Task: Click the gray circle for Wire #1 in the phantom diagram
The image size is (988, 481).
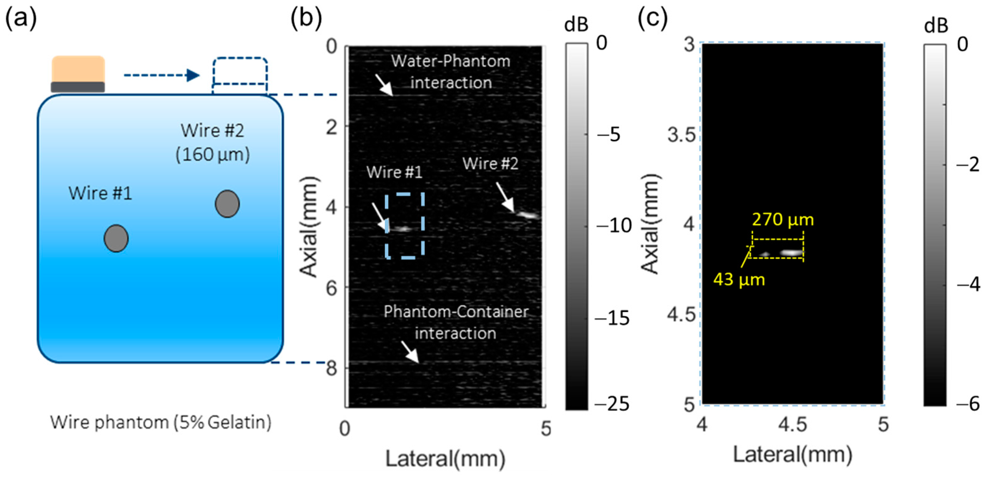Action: tap(116, 238)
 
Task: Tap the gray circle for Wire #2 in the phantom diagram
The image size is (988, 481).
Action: tap(227, 204)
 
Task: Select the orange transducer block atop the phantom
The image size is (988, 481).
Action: tap(78, 69)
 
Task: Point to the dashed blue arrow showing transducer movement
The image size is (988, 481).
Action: tap(161, 75)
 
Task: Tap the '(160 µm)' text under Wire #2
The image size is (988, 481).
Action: tap(212, 155)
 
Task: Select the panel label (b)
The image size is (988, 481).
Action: tap(306, 18)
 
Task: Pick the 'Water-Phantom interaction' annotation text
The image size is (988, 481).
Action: tap(451, 72)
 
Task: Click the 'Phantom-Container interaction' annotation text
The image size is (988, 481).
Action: tap(456, 322)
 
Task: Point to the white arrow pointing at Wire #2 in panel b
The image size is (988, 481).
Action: tap(505, 197)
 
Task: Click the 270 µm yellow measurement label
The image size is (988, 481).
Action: tap(783, 220)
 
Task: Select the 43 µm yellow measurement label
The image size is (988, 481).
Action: tap(739, 280)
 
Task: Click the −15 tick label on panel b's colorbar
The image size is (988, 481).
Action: tap(613, 318)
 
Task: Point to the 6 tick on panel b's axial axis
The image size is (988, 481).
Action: tap(332, 288)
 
